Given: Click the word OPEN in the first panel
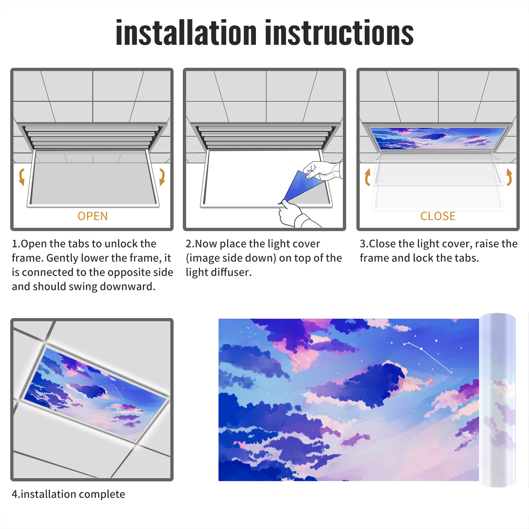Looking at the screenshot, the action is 93,216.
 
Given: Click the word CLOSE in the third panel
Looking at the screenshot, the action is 438,216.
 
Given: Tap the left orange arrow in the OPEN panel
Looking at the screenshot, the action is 21,177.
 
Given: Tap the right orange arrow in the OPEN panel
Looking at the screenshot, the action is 162,177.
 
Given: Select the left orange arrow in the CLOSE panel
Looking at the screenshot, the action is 367,177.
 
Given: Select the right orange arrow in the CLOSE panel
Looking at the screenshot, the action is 509,177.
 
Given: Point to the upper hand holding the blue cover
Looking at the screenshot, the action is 322,171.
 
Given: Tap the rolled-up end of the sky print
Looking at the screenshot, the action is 497,400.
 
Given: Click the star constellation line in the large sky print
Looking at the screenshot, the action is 428,357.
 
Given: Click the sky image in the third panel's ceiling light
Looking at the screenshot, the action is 438,138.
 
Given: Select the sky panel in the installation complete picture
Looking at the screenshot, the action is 96,393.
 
